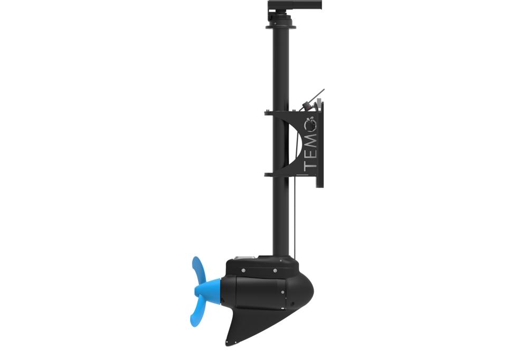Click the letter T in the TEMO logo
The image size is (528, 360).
click(310, 166)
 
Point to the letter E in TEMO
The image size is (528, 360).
click(310, 153)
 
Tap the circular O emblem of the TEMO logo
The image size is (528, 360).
click(311, 124)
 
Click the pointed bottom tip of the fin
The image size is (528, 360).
click(227, 344)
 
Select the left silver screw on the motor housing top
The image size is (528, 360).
click(243, 270)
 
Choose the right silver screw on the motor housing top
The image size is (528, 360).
click(275, 270)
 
